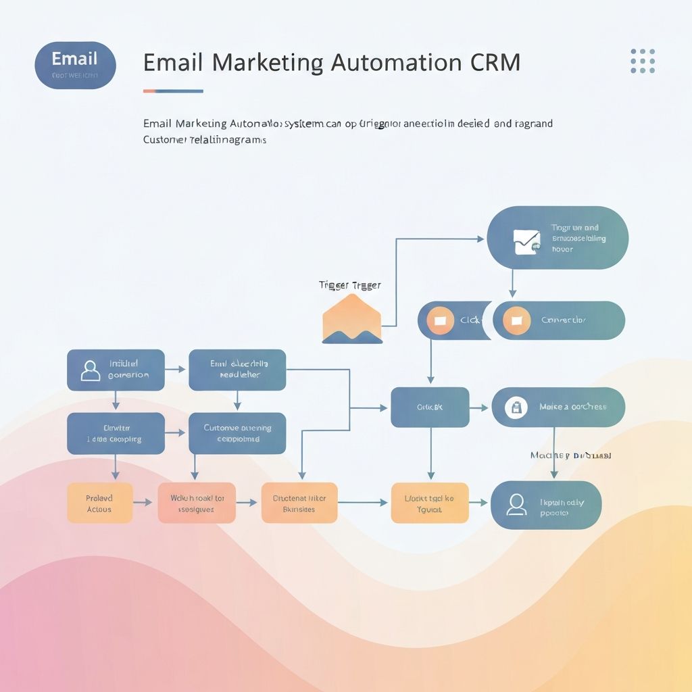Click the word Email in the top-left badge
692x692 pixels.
pyautogui.click(x=74, y=58)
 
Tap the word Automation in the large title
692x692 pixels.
pyautogui.click(x=395, y=62)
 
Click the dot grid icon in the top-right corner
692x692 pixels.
pyautogui.click(x=642, y=61)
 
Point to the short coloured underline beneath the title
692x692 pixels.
pyautogui.click(x=173, y=91)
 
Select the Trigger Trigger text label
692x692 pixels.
pyautogui.click(x=349, y=285)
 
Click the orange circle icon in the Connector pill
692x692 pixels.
pyautogui.click(x=517, y=320)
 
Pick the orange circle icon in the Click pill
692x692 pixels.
pyautogui.click(x=440, y=320)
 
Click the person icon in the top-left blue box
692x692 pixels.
pyautogui.click(x=90, y=370)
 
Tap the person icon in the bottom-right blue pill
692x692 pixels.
pyautogui.click(x=516, y=505)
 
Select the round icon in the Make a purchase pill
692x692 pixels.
pyautogui.click(x=516, y=407)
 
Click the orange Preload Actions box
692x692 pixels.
pyautogui.click(x=99, y=503)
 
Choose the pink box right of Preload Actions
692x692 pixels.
pyautogui.click(x=197, y=503)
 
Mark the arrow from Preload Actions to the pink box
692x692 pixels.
pyautogui.click(x=144, y=503)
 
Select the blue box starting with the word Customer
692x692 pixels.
pyautogui.click(x=237, y=433)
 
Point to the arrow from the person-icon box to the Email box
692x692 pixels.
pyautogui.click(x=176, y=370)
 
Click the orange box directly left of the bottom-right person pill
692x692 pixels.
pyautogui.click(x=429, y=503)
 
